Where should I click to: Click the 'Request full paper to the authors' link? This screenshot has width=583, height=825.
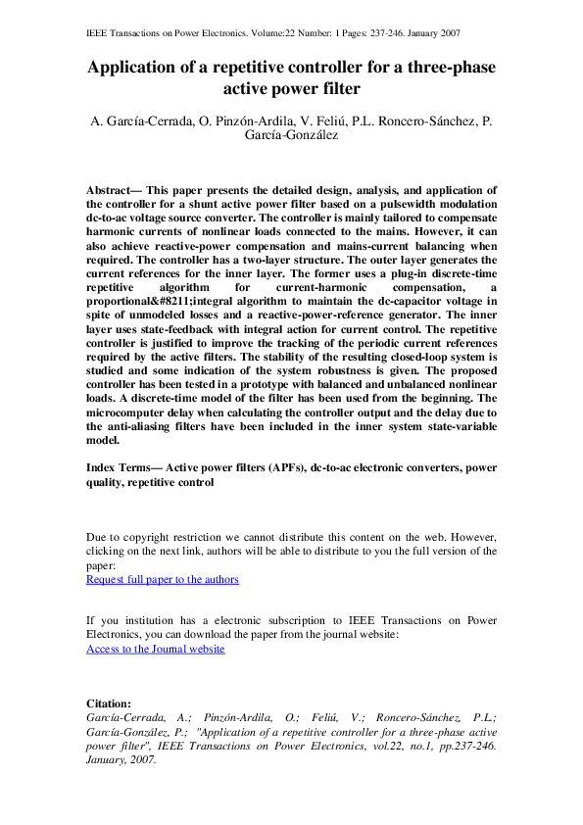click(x=163, y=579)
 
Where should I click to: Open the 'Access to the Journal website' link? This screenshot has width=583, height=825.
click(x=156, y=649)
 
